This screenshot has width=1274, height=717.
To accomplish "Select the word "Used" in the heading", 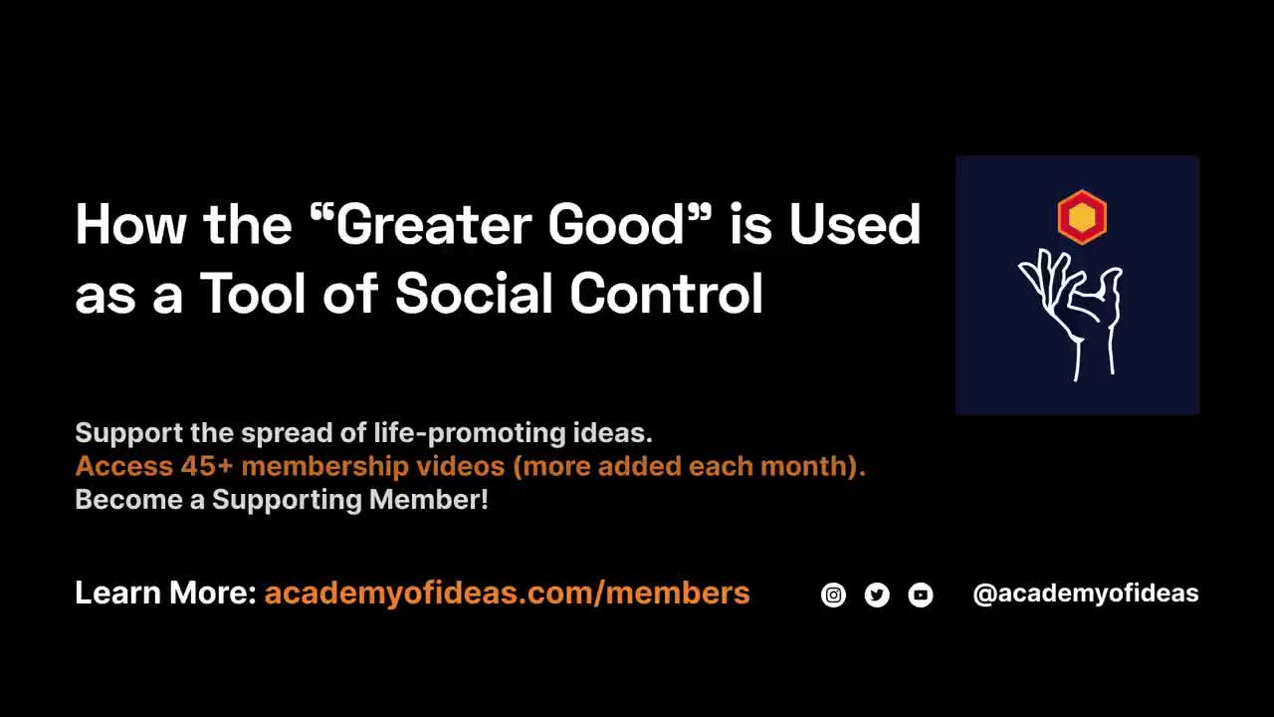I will click(x=855, y=225).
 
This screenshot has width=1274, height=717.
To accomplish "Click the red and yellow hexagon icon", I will click(x=1081, y=217).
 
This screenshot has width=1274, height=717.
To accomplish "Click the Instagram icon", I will click(x=833, y=596).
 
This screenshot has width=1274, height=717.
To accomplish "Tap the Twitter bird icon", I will click(x=877, y=596).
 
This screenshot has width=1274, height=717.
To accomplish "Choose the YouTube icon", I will click(x=921, y=596).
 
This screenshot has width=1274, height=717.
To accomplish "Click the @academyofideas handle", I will click(x=1085, y=594).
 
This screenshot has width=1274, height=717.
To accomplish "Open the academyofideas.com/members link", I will click(x=507, y=594).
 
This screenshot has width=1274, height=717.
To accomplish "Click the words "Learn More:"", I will click(x=165, y=594).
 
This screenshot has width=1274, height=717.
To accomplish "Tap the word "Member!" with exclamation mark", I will click(x=429, y=500).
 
